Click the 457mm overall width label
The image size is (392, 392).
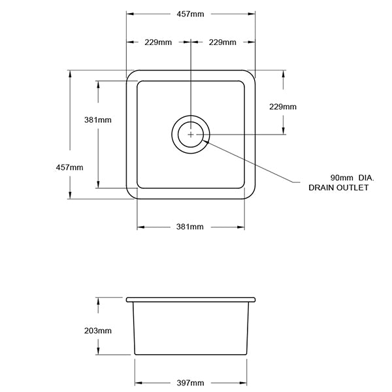[x=190, y=14]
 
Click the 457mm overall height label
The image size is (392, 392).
[x=69, y=167]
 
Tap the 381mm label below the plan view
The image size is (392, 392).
[x=190, y=227]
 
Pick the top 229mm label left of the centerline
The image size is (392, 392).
[x=157, y=42]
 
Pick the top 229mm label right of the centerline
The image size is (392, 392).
[x=222, y=42]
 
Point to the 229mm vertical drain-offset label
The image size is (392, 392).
[x=283, y=107]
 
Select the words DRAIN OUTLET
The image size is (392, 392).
[x=338, y=188]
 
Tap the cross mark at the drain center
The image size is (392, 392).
[x=190, y=134]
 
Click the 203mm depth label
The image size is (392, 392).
[x=98, y=331]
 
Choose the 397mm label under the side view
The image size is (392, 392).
[x=190, y=382]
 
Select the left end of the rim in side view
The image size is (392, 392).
[x=128, y=299]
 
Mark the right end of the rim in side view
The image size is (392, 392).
[x=253, y=299]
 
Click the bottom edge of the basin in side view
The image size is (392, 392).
[x=190, y=355]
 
